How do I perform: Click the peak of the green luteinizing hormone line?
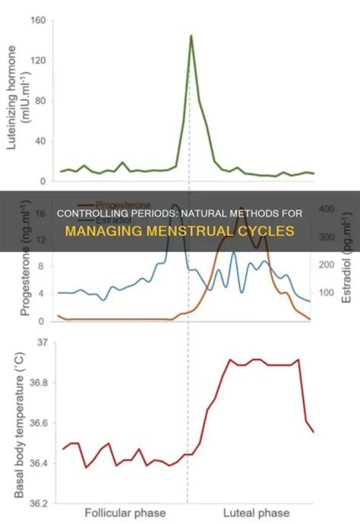[191, 35]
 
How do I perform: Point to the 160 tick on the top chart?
[38, 21]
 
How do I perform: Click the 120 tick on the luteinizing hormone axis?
[38, 61]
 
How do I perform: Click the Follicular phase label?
[125, 513]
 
